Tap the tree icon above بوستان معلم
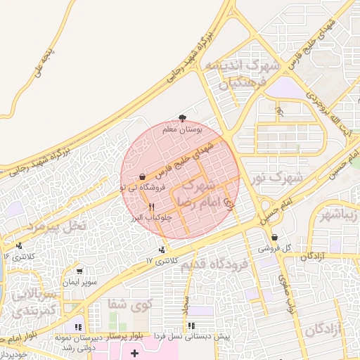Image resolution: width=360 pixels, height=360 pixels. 182,118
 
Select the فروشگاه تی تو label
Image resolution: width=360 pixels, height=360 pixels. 143,188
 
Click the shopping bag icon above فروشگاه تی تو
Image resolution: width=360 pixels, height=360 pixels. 143,176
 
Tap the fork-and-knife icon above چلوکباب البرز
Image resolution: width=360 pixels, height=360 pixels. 152,207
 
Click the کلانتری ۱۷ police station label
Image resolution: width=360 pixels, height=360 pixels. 159,260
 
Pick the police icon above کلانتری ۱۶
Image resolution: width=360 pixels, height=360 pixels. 18,245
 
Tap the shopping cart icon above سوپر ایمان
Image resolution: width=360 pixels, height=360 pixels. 79,271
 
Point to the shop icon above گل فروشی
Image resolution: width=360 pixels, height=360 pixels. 274,238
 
